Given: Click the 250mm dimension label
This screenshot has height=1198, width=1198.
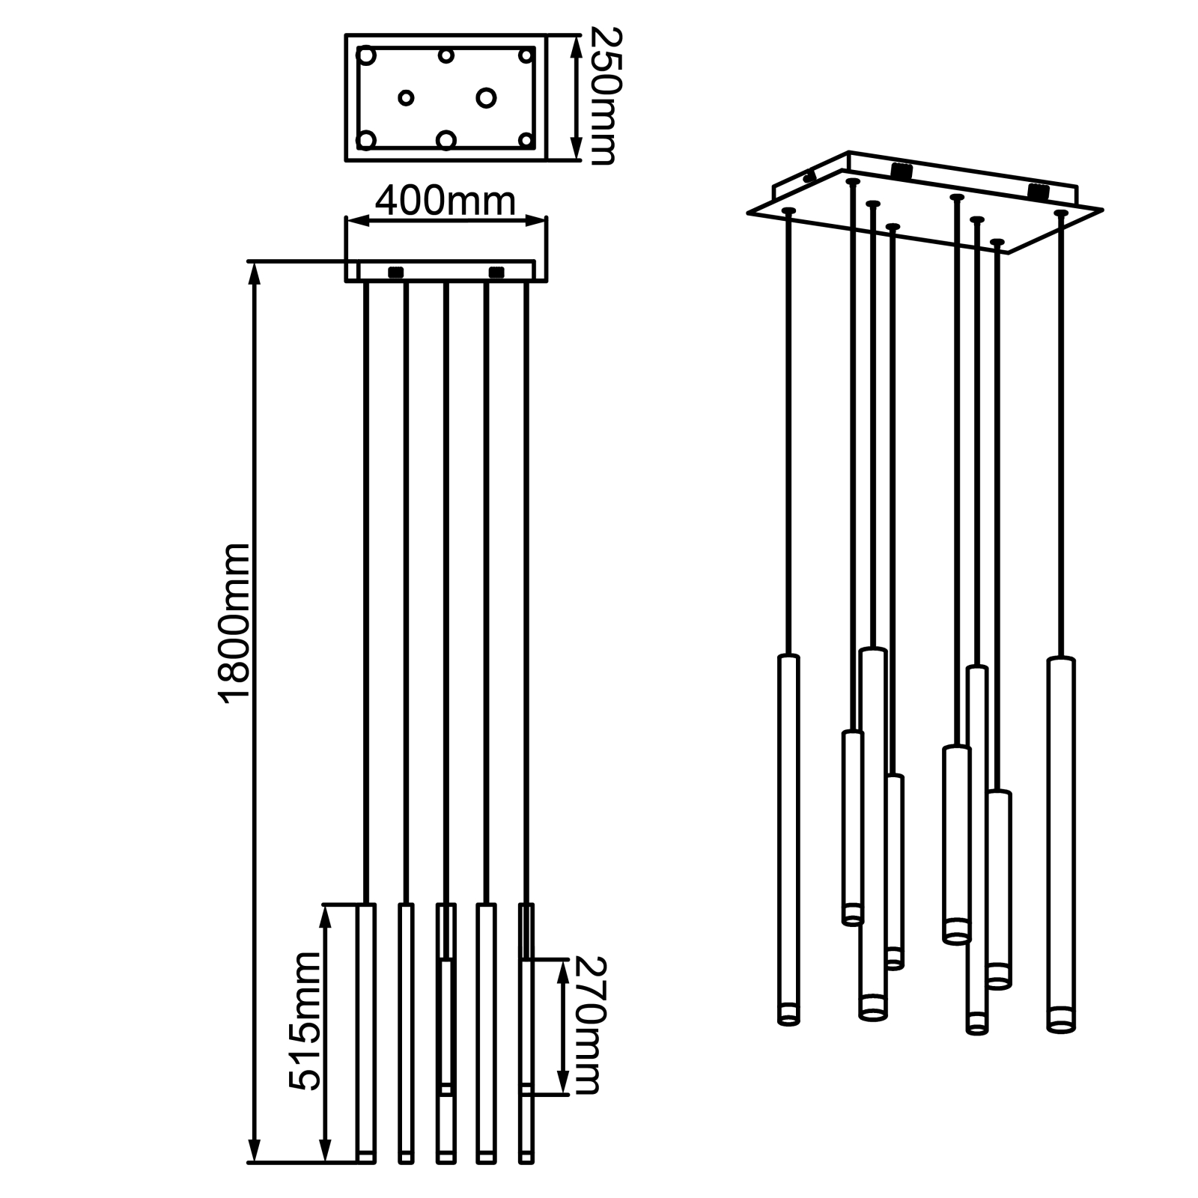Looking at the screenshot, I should (x=603, y=95).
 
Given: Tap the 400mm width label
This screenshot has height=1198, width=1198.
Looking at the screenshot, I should (x=445, y=201).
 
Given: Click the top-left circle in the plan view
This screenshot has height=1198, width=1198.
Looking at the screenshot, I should (x=367, y=55).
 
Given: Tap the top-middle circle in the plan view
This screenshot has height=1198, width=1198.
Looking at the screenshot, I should (x=446, y=55).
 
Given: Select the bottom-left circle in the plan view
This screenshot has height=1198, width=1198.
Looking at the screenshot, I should (x=367, y=139).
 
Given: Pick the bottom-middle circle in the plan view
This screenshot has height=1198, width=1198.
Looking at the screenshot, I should (x=446, y=140).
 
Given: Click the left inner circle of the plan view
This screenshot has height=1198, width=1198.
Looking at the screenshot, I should (x=406, y=97).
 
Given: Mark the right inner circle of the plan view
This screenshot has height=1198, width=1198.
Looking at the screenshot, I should (x=486, y=97).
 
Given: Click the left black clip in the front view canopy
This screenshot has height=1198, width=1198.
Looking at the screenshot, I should (x=396, y=272).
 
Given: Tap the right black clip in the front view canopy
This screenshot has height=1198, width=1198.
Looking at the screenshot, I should (x=496, y=272).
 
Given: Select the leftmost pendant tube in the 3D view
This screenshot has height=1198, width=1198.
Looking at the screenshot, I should (x=788, y=839).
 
